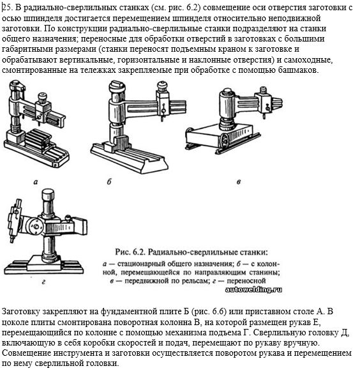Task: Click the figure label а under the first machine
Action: point(36,182)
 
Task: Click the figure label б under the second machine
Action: point(109,181)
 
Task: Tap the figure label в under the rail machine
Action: point(239,182)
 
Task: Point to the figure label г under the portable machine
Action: point(43,282)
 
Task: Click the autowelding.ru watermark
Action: point(253,289)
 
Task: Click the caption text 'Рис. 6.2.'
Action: point(130,252)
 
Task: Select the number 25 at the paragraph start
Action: point(6,8)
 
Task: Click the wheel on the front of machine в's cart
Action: point(224,141)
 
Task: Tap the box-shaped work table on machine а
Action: point(38,141)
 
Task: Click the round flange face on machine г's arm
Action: point(36,227)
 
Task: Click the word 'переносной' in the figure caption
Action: point(246,281)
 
